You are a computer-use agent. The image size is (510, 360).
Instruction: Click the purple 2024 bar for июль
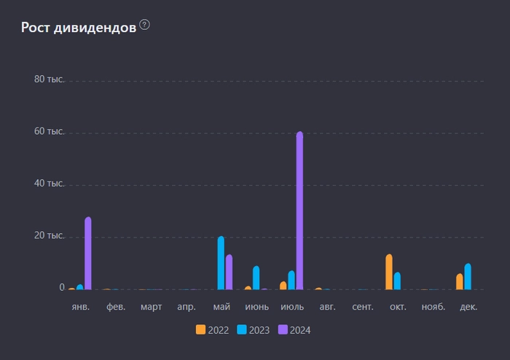[x=299, y=211]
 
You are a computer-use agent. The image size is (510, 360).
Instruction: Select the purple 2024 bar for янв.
[x=88, y=254]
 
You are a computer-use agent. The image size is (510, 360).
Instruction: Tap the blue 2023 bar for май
[x=221, y=263]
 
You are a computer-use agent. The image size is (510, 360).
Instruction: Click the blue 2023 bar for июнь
[x=256, y=278]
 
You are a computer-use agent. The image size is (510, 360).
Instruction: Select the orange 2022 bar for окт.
[x=389, y=272]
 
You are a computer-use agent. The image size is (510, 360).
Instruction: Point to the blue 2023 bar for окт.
[x=397, y=281]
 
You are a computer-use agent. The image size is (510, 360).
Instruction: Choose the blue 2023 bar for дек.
[x=468, y=277]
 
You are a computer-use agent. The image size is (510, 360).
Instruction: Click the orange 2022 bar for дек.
[x=460, y=281]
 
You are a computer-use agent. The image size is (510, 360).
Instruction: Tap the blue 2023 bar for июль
[x=291, y=281]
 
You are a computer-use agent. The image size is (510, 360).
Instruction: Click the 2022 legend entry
[x=213, y=330]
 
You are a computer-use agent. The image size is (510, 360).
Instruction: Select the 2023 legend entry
[x=254, y=330]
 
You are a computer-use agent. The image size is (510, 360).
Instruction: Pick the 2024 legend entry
[x=294, y=330]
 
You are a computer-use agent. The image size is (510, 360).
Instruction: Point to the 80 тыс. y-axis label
[x=50, y=79]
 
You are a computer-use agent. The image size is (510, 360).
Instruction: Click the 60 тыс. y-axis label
[x=50, y=132]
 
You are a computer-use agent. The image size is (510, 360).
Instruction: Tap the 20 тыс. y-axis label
[x=50, y=236]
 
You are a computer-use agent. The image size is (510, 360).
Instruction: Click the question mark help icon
[x=144, y=26]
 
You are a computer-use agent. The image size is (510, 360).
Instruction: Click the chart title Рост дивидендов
[x=78, y=28]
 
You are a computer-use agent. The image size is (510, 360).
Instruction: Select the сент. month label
[x=363, y=308]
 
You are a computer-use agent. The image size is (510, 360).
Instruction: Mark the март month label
[x=151, y=308]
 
